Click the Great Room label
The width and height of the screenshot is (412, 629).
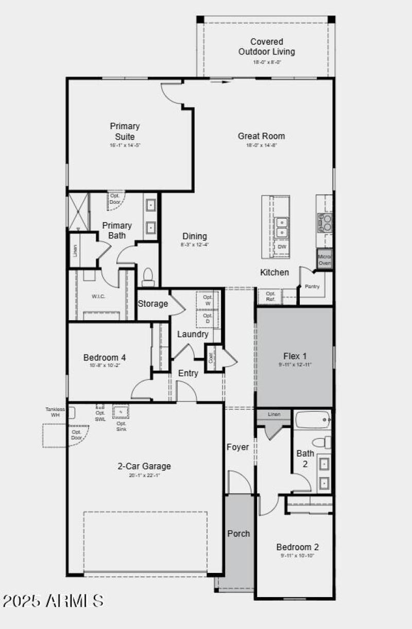(261, 136)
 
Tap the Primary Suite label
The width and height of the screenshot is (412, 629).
(125, 131)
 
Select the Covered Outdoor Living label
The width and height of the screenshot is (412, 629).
(266, 46)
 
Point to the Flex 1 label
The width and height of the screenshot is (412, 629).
(295, 356)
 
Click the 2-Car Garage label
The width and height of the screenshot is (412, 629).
(144, 466)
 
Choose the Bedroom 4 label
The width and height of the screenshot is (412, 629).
(105, 357)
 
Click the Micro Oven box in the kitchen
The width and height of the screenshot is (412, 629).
(324, 260)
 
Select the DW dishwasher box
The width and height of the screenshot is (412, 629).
(282, 247)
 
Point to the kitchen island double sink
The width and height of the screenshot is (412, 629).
(282, 228)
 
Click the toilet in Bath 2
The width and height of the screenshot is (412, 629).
(323, 442)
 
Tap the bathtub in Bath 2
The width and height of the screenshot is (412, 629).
(313, 420)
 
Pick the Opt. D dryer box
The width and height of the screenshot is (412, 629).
(208, 318)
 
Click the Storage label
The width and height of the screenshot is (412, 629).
(152, 304)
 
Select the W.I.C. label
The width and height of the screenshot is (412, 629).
(98, 296)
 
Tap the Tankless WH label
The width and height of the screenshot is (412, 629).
(55, 412)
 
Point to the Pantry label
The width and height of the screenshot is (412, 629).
(312, 287)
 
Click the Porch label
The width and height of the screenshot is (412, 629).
(238, 533)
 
